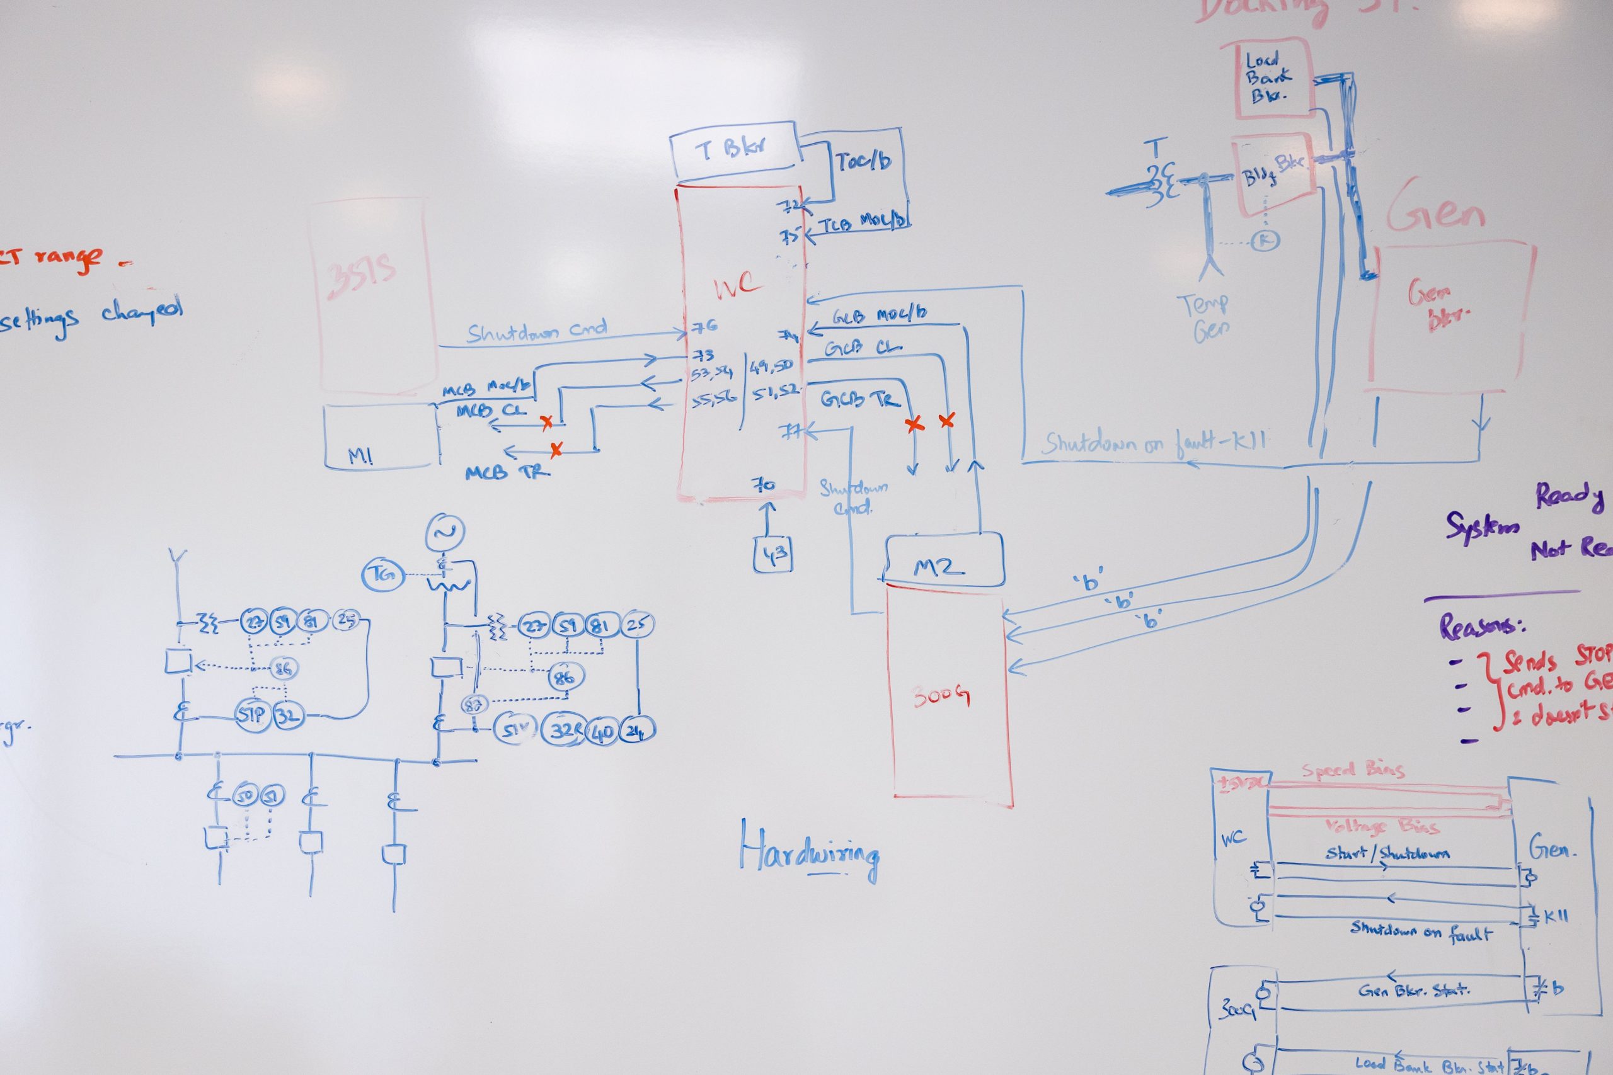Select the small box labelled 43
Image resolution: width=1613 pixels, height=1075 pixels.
click(773, 556)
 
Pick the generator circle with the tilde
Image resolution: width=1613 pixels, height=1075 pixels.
click(444, 532)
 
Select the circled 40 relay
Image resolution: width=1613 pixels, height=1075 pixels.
click(603, 731)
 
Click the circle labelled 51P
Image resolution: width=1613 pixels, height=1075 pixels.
click(251, 714)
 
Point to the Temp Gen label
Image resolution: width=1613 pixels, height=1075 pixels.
click(1204, 317)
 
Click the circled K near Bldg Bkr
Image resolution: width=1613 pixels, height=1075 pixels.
click(1265, 240)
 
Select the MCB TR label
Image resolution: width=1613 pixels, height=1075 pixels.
click(507, 472)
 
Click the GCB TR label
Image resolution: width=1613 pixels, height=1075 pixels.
click(860, 399)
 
